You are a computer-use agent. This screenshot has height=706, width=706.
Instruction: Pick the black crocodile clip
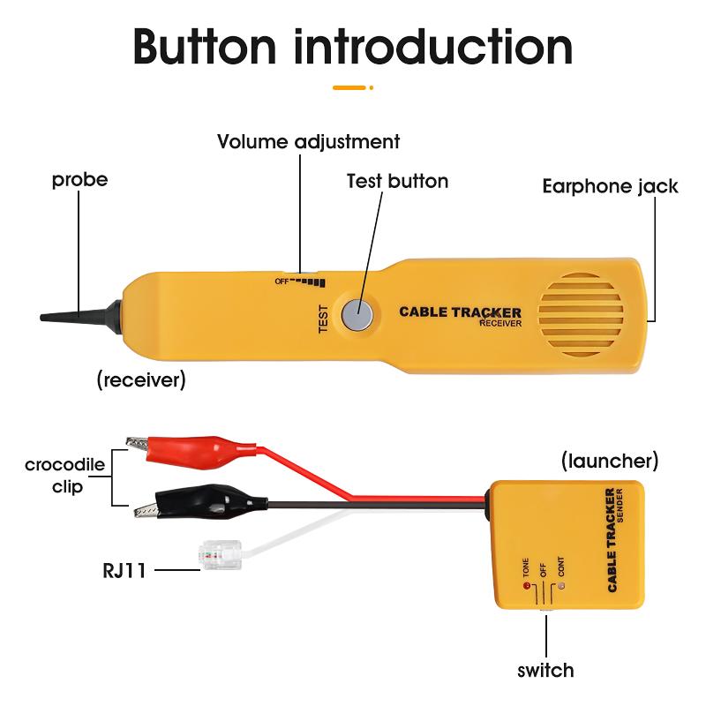pos(190,504)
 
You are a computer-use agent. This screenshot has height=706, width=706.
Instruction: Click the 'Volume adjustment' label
pos(308,141)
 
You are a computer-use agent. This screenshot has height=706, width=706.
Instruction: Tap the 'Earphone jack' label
pos(610,185)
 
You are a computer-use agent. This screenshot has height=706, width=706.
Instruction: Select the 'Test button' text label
pos(397,181)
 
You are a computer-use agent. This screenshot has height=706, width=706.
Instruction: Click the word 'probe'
pos(79,180)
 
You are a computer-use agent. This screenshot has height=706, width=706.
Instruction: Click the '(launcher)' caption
pos(610,461)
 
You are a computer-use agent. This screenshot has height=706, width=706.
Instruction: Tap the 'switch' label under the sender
pos(545,670)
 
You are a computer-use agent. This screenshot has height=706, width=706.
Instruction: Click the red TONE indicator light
pos(528,585)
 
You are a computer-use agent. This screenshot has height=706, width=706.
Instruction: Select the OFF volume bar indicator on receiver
pos(300,282)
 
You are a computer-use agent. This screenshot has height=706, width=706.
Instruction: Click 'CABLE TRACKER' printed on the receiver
pos(460,312)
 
